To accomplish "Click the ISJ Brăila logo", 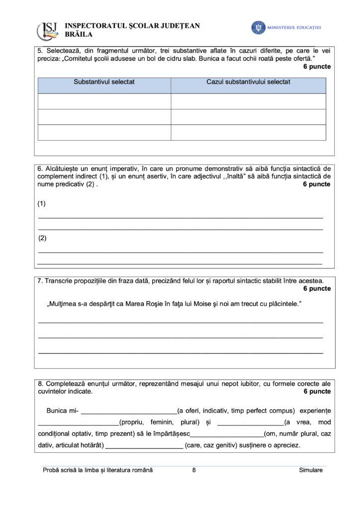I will pyautogui.click(x=48, y=30).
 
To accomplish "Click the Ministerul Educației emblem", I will pyautogui.click(x=258, y=28).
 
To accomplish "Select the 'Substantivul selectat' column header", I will pyautogui.click(x=104, y=82).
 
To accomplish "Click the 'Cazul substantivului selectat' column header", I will pyautogui.click(x=248, y=82).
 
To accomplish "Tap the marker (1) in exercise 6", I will pyautogui.click(x=42, y=204).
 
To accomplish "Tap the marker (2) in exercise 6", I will pyautogui.click(x=42, y=238).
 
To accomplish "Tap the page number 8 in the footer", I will pyautogui.click(x=194, y=470).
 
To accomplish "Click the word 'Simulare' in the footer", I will pyautogui.click(x=311, y=470).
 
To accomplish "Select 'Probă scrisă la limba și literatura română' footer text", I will pyautogui.click(x=98, y=470).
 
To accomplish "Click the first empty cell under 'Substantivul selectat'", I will pyautogui.click(x=104, y=101).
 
